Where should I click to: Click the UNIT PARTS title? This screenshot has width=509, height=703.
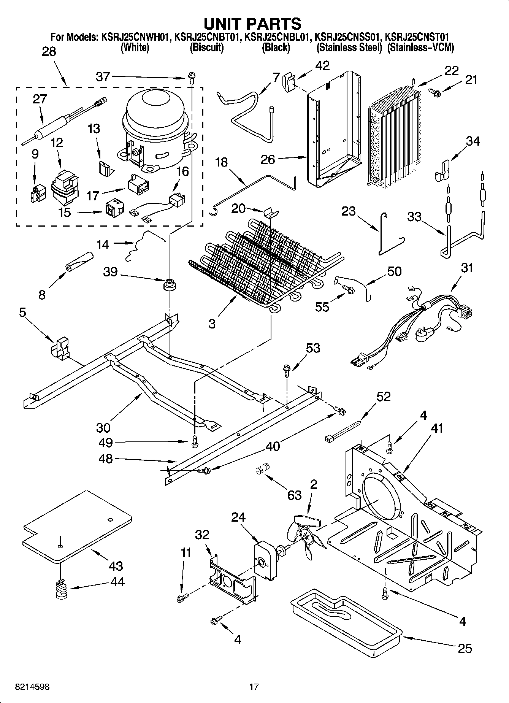[252, 24]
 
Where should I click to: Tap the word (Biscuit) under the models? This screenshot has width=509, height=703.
[207, 48]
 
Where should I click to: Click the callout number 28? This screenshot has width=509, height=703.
[49, 51]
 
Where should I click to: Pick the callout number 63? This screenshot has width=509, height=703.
[295, 495]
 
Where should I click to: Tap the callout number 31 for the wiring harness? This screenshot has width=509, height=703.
[467, 268]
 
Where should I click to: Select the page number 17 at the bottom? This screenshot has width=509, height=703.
[254, 687]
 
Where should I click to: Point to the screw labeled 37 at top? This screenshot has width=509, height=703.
[191, 79]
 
